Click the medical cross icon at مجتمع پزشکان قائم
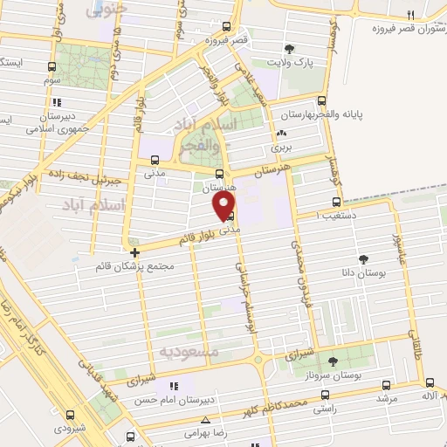pyautogui.click(x=134, y=253)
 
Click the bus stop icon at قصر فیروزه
pyautogui.click(x=227, y=26)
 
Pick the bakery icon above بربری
pyautogui.click(x=281, y=134)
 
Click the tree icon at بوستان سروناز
pyautogui.click(x=332, y=361)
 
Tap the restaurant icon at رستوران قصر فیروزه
pyautogui.click(x=409, y=16)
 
